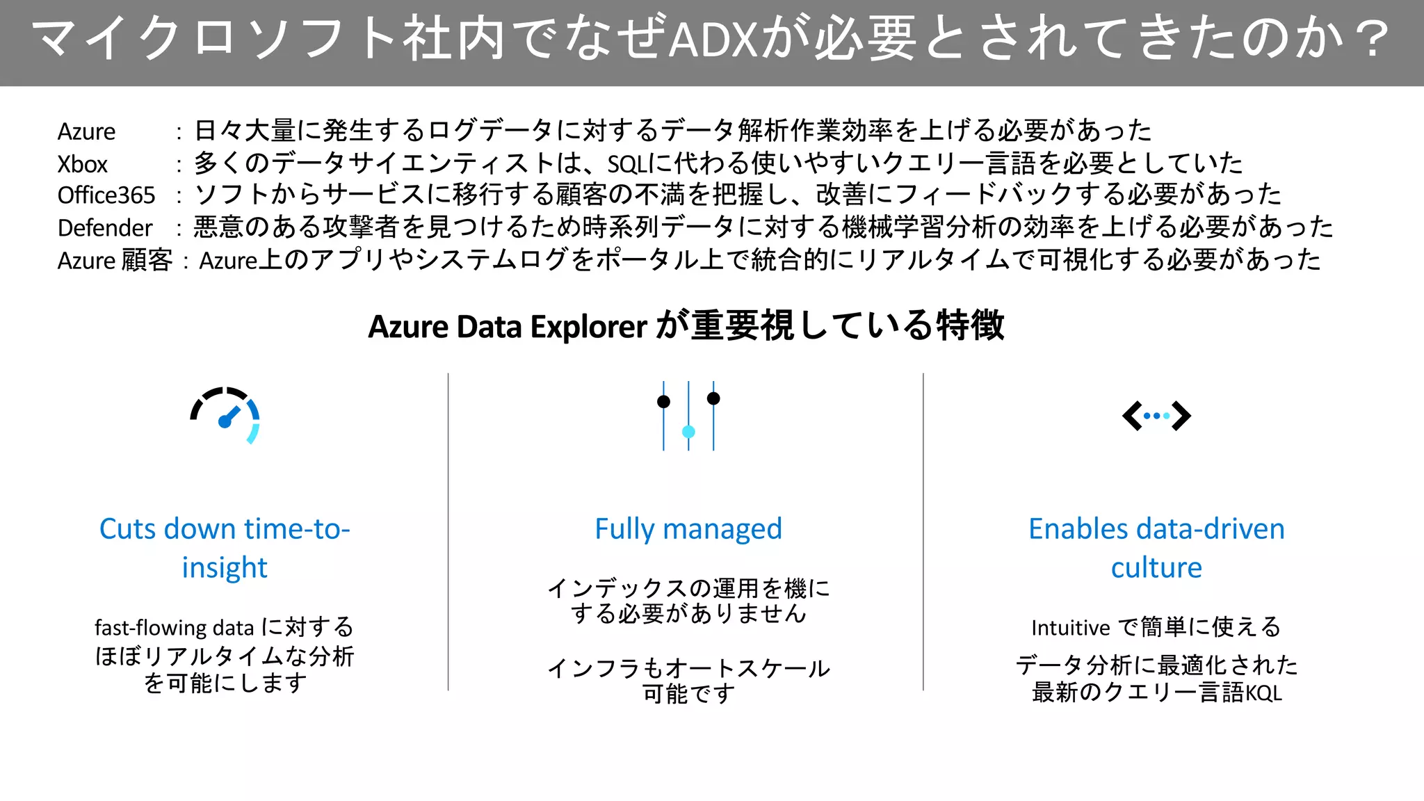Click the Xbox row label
click(x=82, y=165)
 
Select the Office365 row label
click(x=106, y=195)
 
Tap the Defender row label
click(x=104, y=228)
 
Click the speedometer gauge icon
click(x=225, y=415)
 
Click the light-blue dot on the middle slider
click(x=688, y=432)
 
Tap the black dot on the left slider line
click(x=663, y=401)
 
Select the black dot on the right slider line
click(x=713, y=398)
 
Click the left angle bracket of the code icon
click(x=1131, y=416)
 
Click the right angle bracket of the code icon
click(x=1181, y=416)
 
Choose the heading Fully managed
click(x=688, y=529)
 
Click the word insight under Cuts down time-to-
click(x=224, y=568)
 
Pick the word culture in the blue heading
click(x=1156, y=568)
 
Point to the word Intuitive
click(x=1070, y=628)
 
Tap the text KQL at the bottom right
click(x=1263, y=693)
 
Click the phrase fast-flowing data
click(x=174, y=628)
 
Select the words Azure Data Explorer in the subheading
click(x=508, y=327)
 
